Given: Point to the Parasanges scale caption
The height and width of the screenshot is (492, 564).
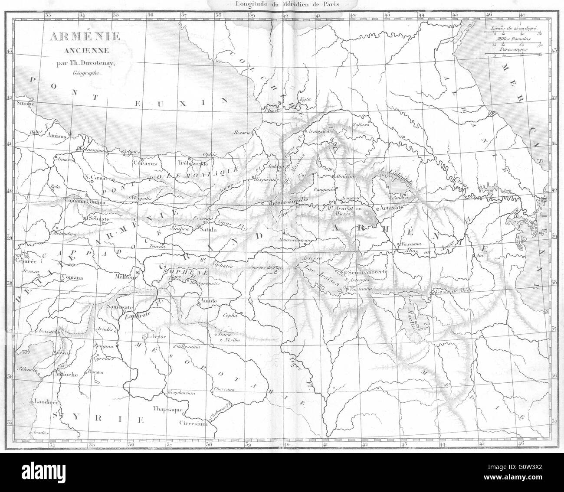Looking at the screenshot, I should [515, 50].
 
